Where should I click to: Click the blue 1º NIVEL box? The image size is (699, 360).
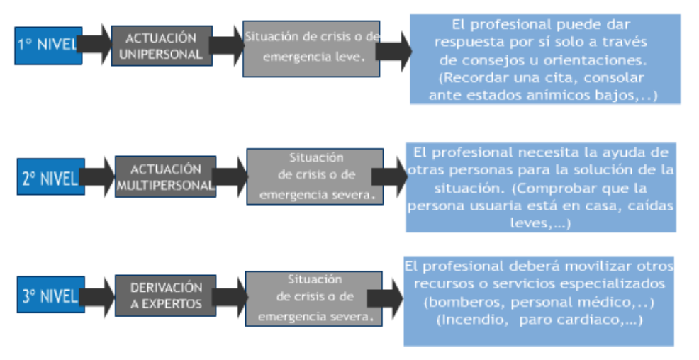pyautogui.click(x=47, y=46)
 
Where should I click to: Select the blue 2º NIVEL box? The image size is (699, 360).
pyautogui.click(x=49, y=178)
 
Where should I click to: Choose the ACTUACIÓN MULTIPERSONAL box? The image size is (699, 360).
pyautogui.click(x=165, y=177)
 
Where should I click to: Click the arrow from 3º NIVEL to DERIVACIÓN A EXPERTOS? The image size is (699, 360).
pyautogui.click(x=97, y=296)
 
